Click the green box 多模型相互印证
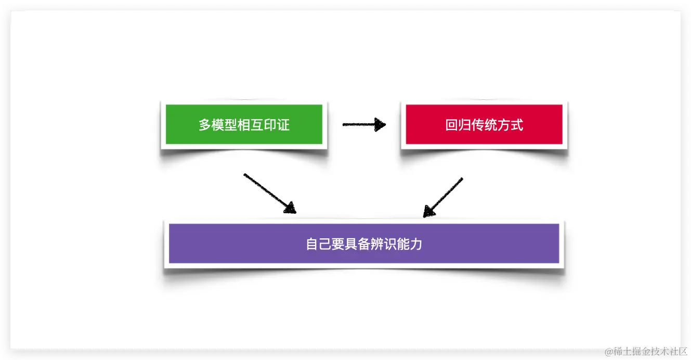[x=244, y=124]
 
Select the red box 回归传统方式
[x=484, y=124]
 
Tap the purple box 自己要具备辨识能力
[x=364, y=243]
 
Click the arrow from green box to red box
[x=364, y=124]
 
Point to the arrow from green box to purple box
[x=269, y=193]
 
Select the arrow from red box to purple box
[x=443, y=197]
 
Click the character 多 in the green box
[x=205, y=125]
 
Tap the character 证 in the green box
[x=283, y=125]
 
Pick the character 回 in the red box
[x=451, y=125]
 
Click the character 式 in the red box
[x=517, y=125]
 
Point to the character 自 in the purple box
[x=312, y=244]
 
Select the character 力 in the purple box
[x=416, y=244]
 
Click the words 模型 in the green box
[x=225, y=125]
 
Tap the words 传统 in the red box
[x=484, y=125]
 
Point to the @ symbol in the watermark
[x=609, y=352]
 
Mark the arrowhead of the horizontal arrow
[x=381, y=124]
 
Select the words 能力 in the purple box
[x=409, y=244]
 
